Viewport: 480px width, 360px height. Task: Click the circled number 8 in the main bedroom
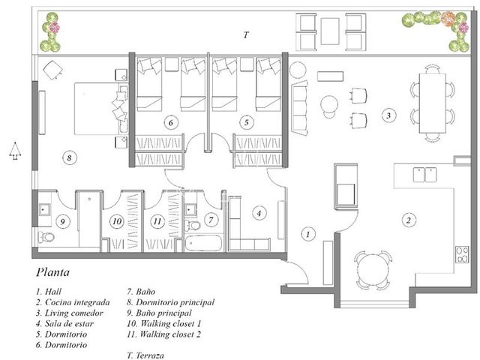(70, 158)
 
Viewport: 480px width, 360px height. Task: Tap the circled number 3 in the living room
(388, 115)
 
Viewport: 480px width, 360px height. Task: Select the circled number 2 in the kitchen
(408, 220)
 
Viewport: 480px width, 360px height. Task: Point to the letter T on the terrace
(246, 35)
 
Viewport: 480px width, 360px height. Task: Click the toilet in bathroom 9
(46, 237)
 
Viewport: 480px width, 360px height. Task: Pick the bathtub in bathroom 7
(203, 243)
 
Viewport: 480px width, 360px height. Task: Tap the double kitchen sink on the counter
(425, 175)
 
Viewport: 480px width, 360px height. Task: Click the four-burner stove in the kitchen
(462, 255)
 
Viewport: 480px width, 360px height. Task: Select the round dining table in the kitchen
(373, 270)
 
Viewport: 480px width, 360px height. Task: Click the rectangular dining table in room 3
(433, 103)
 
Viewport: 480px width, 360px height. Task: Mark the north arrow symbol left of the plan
(15, 151)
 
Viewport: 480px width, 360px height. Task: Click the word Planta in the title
(52, 272)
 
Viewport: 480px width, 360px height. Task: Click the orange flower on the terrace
(448, 18)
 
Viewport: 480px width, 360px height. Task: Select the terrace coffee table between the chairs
(330, 31)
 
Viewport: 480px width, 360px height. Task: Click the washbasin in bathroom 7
(190, 210)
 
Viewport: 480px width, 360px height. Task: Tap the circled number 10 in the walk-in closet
(117, 221)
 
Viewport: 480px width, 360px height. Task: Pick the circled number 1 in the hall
(308, 234)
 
